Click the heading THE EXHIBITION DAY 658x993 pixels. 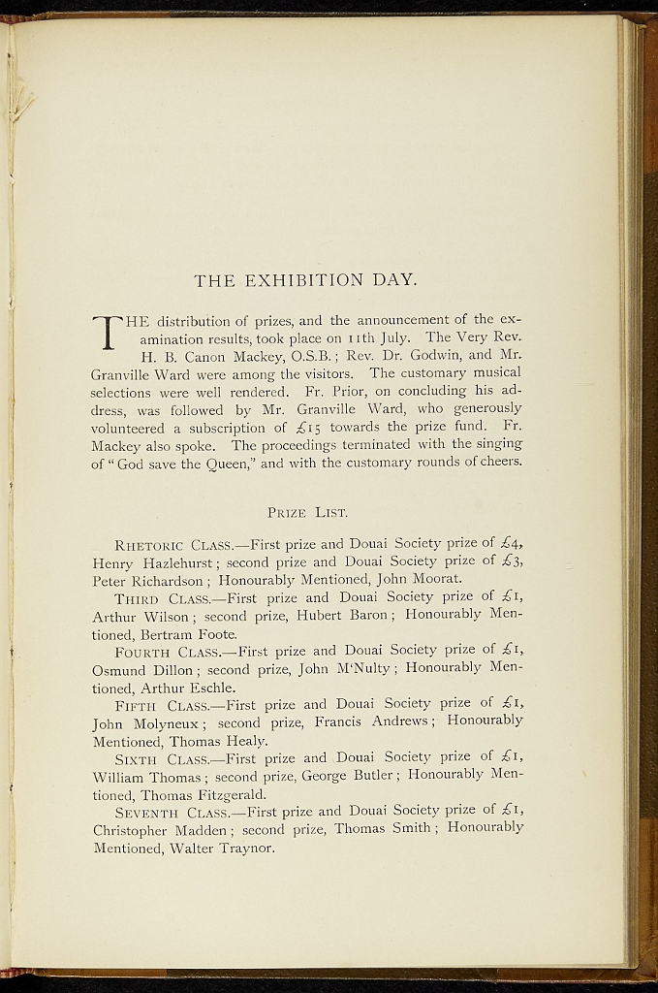pos(305,281)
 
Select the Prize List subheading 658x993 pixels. pos(307,512)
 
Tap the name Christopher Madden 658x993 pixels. pos(160,830)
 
